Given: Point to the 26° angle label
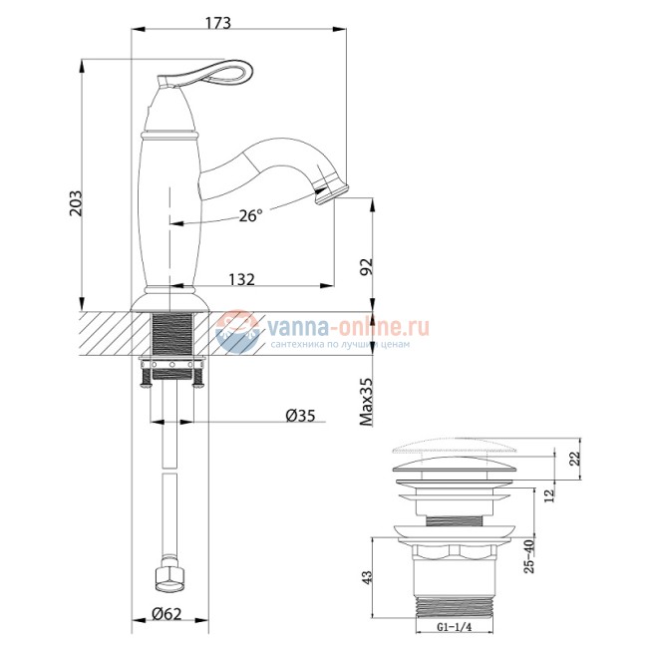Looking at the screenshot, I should pyautogui.click(x=251, y=215).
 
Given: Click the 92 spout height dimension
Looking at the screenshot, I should pyautogui.click(x=366, y=266).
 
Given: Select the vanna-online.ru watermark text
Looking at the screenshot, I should pyautogui.click(x=344, y=326).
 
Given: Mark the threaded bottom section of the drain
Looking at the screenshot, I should pyautogui.click(x=455, y=602).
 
